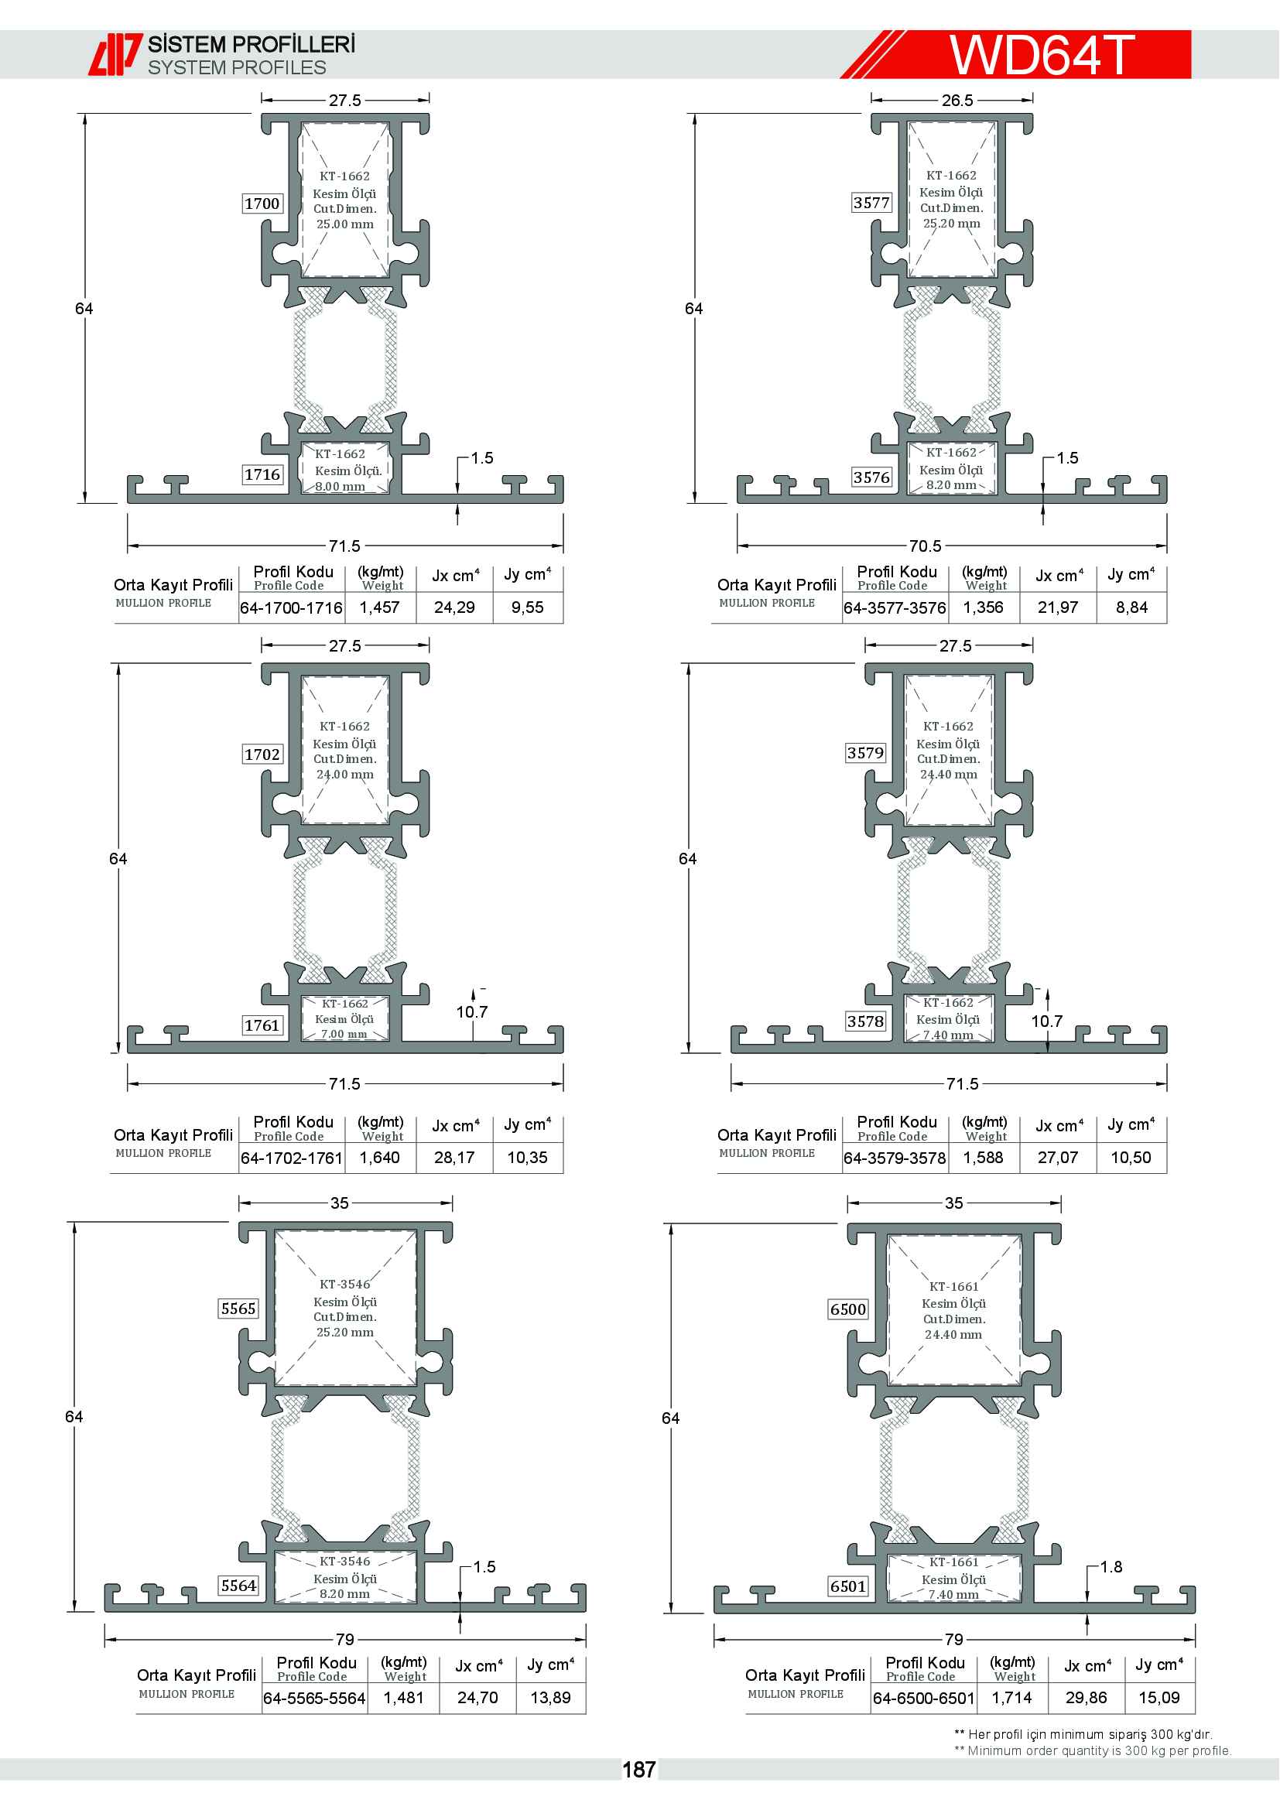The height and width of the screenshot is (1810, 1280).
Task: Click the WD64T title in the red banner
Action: pyautogui.click(x=1041, y=54)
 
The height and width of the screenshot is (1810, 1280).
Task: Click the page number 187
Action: pyautogui.click(x=638, y=1770)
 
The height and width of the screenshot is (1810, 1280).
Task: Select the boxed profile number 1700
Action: pyautogui.click(x=262, y=204)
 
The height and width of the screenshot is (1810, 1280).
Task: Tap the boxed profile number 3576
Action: pyautogui.click(x=871, y=477)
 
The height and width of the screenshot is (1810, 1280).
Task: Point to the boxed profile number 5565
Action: pyautogui.click(x=238, y=1309)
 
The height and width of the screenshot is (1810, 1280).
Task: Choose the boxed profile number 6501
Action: pyautogui.click(x=848, y=1586)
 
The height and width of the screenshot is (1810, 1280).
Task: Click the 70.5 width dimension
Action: pyautogui.click(x=926, y=546)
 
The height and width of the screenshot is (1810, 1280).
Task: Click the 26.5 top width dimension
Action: pyautogui.click(x=957, y=100)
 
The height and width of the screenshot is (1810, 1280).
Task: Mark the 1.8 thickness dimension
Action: pyautogui.click(x=1111, y=1566)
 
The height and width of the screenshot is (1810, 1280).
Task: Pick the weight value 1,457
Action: pyautogui.click(x=380, y=607)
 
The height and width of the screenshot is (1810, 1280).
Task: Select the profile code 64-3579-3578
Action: pyautogui.click(x=895, y=1157)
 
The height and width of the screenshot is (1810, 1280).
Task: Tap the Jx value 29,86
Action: pyautogui.click(x=1086, y=1697)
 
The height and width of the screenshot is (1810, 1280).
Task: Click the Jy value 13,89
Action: pyautogui.click(x=550, y=1697)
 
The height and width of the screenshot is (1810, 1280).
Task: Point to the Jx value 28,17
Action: pyautogui.click(x=455, y=1157)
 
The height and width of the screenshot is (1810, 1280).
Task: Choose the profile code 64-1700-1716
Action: pyautogui.click(x=292, y=607)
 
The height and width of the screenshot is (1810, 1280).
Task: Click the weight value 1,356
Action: pyautogui.click(x=984, y=607)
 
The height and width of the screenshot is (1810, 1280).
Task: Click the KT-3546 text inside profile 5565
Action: pyautogui.click(x=345, y=1285)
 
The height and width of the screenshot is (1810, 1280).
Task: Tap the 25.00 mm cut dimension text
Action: pyautogui.click(x=345, y=224)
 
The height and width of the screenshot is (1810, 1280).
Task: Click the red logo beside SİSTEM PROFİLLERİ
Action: pyautogui.click(x=115, y=54)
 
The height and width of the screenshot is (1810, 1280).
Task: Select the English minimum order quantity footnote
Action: pyautogui.click(x=1093, y=1751)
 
